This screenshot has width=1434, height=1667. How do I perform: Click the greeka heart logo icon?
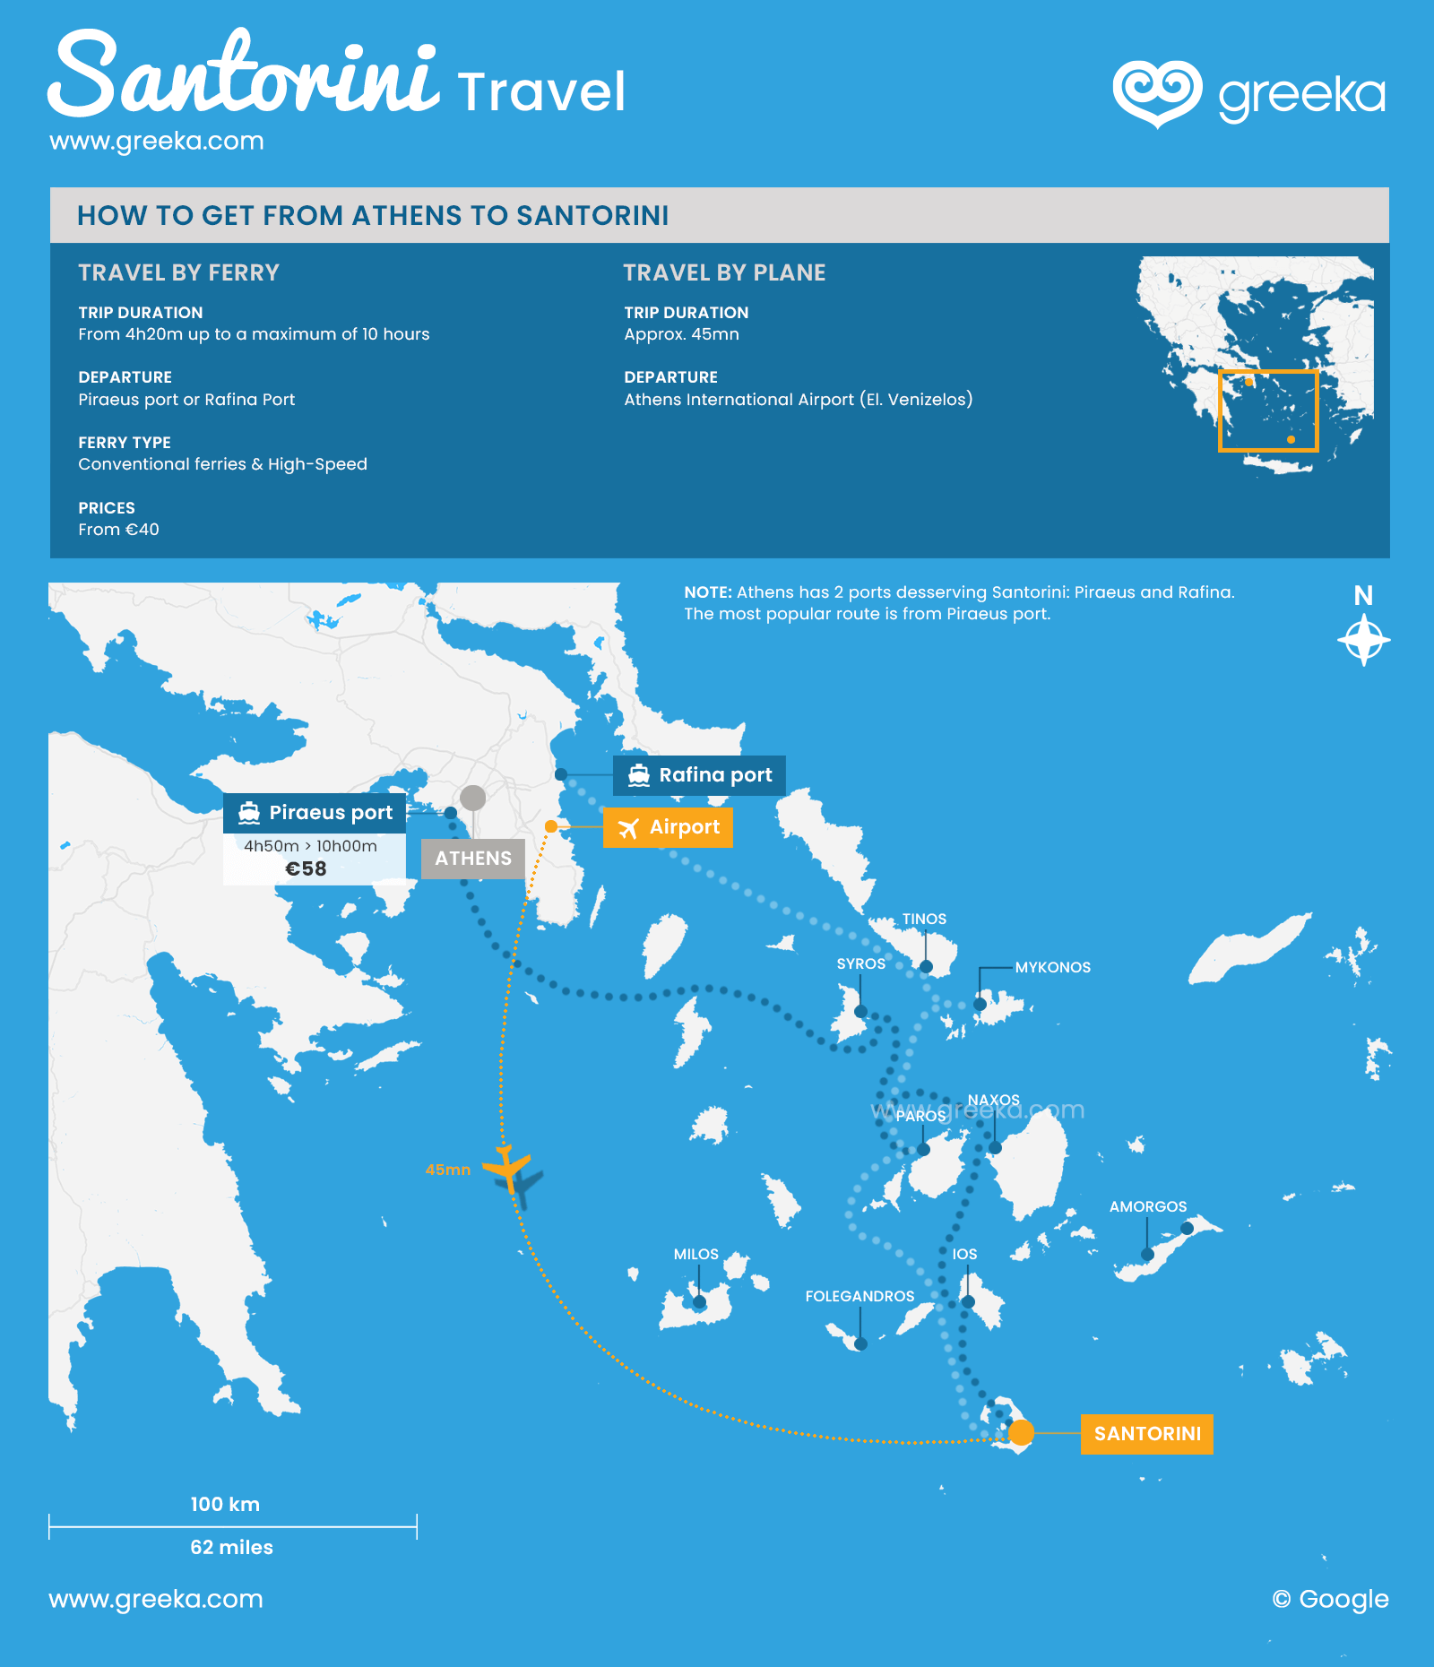click(1157, 93)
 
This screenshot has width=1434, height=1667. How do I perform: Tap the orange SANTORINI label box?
click(1146, 1433)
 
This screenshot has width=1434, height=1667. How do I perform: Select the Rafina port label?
click(699, 775)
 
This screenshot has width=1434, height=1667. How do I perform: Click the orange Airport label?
click(668, 827)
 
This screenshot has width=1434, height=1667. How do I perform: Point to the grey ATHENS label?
click(473, 859)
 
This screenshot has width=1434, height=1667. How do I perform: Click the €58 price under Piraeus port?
click(306, 868)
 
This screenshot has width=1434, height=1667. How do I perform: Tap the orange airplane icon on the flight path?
click(507, 1168)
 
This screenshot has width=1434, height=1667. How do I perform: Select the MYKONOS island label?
click(1052, 967)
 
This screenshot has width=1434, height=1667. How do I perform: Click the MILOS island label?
click(696, 1254)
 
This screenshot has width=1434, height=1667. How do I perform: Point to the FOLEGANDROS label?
click(860, 1296)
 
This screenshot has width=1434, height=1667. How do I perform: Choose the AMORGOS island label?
click(1147, 1206)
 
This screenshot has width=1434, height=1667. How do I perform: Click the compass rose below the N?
click(1363, 640)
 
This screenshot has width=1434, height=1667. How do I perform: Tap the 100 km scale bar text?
click(225, 1504)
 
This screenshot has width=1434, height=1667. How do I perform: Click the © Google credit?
click(1330, 1599)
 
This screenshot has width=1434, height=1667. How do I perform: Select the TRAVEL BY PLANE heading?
click(724, 272)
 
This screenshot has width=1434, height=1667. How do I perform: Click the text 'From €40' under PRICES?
click(118, 530)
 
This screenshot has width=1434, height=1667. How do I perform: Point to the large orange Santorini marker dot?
click(1021, 1432)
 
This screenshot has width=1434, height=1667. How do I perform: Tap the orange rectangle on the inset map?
click(1267, 410)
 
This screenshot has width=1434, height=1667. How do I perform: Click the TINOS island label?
click(924, 919)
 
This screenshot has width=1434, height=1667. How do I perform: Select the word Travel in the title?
click(540, 91)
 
